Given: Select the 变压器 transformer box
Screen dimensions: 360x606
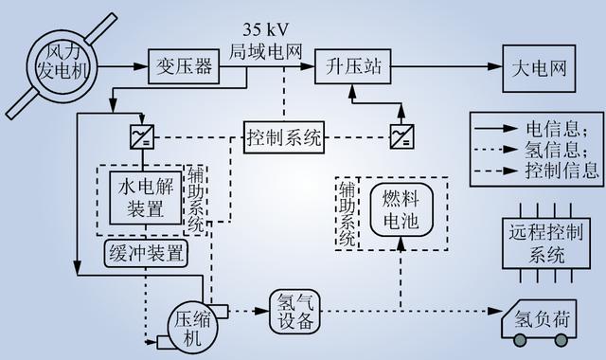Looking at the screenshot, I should (x=178, y=67).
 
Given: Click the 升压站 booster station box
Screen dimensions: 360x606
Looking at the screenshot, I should (x=351, y=67).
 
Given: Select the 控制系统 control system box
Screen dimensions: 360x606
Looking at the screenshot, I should (x=284, y=136).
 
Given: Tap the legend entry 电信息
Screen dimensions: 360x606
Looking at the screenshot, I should (x=537, y=127).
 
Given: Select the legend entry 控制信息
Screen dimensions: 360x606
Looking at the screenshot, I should (x=537, y=171).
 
